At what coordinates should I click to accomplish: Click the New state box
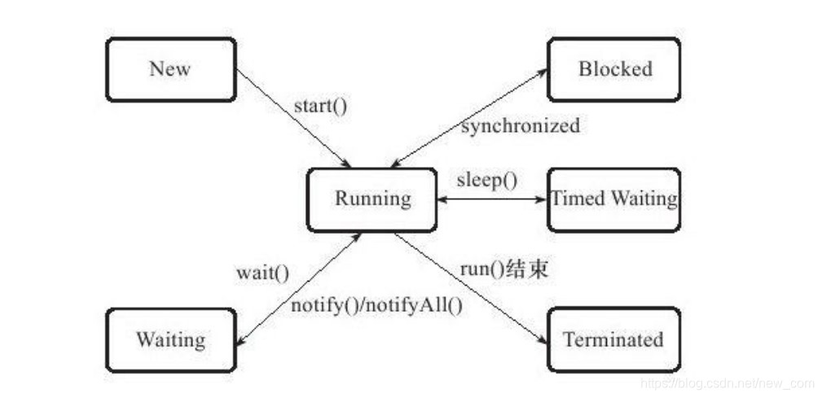[170, 69]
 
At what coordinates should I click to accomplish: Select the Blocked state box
[614, 69]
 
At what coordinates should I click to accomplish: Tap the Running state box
[371, 199]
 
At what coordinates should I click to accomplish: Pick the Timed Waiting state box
[614, 199]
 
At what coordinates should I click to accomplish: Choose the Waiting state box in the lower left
[170, 339]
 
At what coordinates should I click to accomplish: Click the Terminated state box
[613, 339]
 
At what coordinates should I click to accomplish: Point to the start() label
[320, 106]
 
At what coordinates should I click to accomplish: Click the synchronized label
[521, 126]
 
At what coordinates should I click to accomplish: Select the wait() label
[262, 273]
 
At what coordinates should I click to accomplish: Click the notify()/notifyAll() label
[376, 307]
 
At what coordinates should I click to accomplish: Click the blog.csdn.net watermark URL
[727, 383]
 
